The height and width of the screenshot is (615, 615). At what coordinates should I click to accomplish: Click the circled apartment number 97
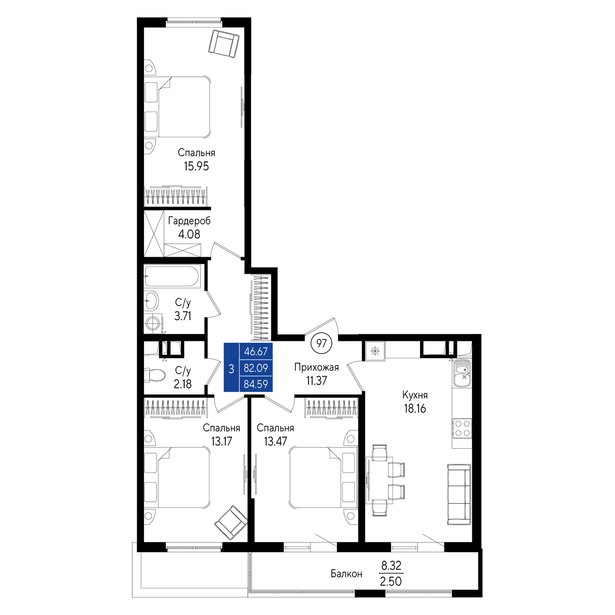pos(322,343)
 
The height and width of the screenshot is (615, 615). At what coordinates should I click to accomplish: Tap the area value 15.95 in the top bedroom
pos(196,166)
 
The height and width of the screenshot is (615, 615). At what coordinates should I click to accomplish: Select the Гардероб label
pos(189,221)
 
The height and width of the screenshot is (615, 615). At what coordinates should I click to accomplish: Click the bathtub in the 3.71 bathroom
pos(172,277)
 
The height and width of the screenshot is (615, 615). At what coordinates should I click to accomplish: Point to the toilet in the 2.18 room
pos(154,375)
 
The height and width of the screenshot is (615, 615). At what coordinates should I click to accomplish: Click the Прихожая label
pos(316,367)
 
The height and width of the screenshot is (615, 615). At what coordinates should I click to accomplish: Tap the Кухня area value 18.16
pos(415,409)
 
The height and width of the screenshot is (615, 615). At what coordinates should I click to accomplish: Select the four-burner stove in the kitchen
pos(462,428)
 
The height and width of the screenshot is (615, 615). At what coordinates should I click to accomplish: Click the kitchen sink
pos(462,372)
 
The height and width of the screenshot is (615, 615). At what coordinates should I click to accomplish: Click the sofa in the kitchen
pos(459,499)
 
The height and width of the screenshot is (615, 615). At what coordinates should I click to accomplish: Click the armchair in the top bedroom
pos(224,44)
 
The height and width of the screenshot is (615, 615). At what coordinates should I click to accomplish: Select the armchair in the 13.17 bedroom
pos(231,522)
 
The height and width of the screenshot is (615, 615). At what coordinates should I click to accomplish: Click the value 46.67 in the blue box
pos(256,351)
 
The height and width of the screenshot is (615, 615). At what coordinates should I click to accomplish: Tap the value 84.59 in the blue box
pos(256,384)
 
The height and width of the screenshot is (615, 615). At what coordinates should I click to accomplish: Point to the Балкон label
pos(346,574)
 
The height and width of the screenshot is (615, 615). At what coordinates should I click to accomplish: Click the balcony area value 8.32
pos(391,566)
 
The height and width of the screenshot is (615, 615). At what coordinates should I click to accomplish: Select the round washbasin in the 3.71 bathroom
pos(151,300)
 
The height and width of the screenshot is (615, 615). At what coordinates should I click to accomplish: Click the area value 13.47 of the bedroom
pos(276,441)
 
